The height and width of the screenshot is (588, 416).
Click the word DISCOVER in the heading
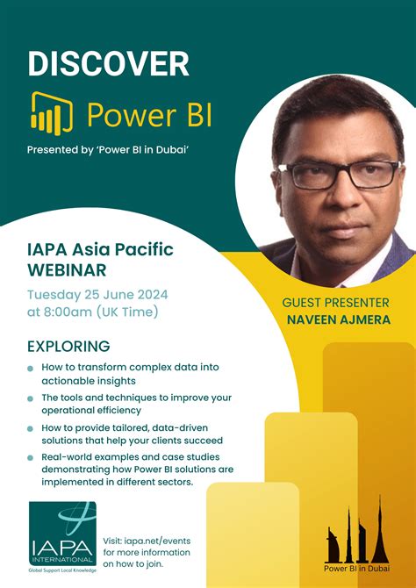tap(108, 63)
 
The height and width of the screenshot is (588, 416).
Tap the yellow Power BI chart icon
tap(52, 112)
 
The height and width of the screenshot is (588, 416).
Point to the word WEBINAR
tap(67, 269)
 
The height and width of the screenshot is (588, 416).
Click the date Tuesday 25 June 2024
tap(98, 293)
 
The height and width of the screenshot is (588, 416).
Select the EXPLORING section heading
tap(68, 346)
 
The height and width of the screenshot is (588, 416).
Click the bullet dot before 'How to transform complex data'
tap(30, 369)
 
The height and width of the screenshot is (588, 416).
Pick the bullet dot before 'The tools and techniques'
tap(30, 398)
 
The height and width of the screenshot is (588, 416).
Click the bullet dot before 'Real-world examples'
tap(30, 458)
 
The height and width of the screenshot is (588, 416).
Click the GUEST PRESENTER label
tap(335, 303)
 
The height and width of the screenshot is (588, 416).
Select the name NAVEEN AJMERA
tap(337, 319)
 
